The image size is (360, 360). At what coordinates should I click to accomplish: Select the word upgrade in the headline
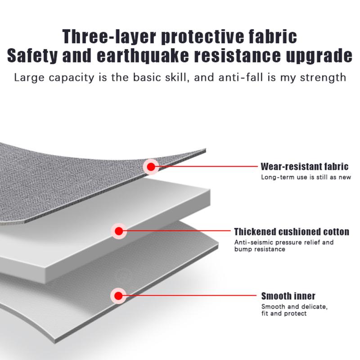pos(319,56)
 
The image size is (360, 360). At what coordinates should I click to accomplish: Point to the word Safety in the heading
pos(32,55)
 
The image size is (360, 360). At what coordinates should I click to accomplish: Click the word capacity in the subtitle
pos(72,77)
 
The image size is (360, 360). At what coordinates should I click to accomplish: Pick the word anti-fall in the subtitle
pos(241,77)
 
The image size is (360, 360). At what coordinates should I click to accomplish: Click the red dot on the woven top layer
pos(151,166)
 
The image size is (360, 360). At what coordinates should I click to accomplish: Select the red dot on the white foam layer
pos(119,231)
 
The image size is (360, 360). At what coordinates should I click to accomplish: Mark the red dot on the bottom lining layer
pos(118,296)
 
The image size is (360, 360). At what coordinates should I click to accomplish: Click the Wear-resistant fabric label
pos(305,166)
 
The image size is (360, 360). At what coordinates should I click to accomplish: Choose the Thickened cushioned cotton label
pos(292,232)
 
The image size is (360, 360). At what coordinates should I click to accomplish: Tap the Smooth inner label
pos(288,296)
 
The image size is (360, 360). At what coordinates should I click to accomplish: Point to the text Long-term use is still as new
pos(306,177)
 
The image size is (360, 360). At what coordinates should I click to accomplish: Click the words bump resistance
pos(260,249)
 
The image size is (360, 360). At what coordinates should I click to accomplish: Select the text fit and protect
pos(284,313)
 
